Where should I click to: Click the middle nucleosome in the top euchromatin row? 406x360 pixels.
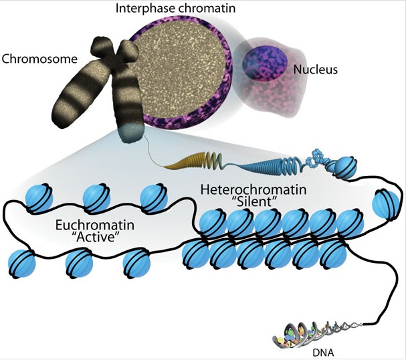click(x=95, y=199)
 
